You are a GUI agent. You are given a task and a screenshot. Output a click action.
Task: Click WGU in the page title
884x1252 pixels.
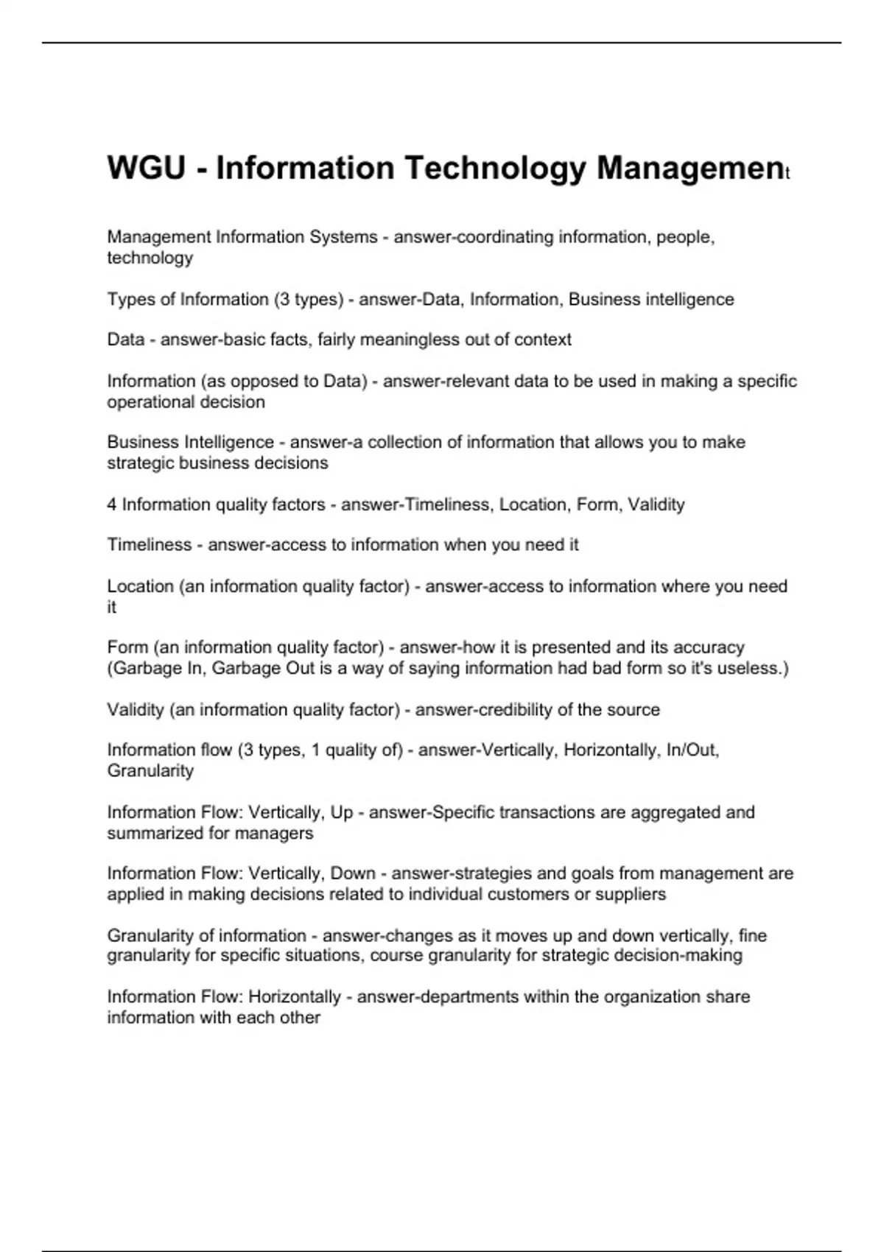point(146,168)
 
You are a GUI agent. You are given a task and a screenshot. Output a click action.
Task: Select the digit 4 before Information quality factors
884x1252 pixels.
point(112,504)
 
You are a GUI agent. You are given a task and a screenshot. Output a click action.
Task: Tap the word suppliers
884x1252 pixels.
point(633,894)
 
